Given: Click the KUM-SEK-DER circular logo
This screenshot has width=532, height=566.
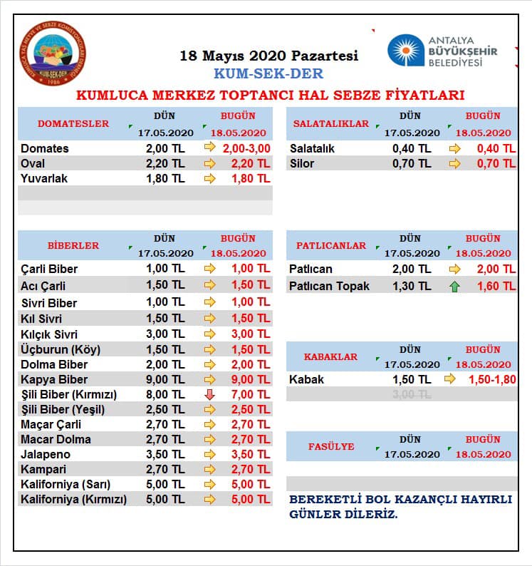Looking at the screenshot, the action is pyautogui.click(x=53, y=53).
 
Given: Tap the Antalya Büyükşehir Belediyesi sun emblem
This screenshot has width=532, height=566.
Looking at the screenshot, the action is pyautogui.click(x=406, y=50).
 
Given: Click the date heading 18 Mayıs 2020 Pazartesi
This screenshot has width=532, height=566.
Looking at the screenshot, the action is pyautogui.click(x=269, y=56).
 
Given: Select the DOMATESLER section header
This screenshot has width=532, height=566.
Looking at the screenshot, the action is pyautogui.click(x=73, y=123).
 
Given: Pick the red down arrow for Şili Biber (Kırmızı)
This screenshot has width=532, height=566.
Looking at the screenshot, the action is pyautogui.click(x=209, y=394).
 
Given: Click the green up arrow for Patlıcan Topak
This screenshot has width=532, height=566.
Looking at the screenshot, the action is pyautogui.click(x=454, y=287).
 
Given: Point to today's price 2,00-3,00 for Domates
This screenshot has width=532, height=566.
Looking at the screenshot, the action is pyautogui.click(x=246, y=148).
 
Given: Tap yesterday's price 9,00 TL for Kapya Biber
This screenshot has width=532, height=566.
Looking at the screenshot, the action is pyautogui.click(x=165, y=379).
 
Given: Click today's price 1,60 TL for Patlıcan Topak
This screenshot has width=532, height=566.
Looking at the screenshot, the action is pyautogui.click(x=496, y=287).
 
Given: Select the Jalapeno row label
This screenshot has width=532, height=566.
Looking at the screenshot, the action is pyautogui.click(x=46, y=454).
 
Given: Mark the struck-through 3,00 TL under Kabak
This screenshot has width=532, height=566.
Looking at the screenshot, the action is pyautogui.click(x=412, y=394).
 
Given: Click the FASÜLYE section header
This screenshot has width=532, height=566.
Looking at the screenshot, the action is pyautogui.click(x=331, y=446).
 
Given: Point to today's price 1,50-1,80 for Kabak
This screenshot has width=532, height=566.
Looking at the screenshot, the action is pyautogui.click(x=492, y=379).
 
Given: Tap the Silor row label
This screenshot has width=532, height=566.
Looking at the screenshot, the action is pyautogui.click(x=302, y=163).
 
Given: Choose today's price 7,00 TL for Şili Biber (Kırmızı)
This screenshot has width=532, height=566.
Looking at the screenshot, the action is pyautogui.click(x=251, y=394).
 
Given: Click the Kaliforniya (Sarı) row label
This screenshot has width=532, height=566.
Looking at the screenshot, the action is pyautogui.click(x=66, y=484).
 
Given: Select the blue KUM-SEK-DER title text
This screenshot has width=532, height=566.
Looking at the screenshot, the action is pyautogui.click(x=268, y=73).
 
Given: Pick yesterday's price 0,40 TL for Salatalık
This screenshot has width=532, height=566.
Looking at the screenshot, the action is pyautogui.click(x=412, y=148).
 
